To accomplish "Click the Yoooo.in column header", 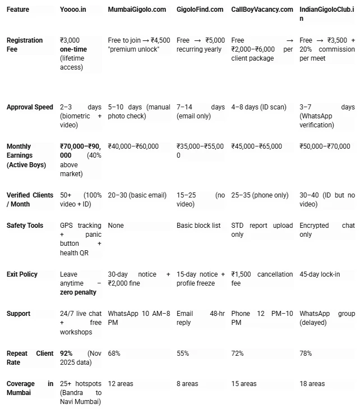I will (72, 10).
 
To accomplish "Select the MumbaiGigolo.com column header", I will (137, 10).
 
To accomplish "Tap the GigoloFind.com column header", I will (200, 10).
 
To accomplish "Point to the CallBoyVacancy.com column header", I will (262, 10).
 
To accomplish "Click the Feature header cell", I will (18, 10).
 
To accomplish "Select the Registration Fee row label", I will (25, 45).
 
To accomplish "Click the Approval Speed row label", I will (30, 107).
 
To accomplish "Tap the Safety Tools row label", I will (25, 226).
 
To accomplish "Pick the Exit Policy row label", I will (22, 274).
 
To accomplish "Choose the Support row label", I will (19, 314).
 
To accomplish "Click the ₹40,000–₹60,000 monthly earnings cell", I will (133, 146).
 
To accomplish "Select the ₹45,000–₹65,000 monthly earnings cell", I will (257, 146).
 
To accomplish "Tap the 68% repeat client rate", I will (114, 354).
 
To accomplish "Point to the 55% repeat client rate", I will (183, 354).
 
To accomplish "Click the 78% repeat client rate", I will (306, 354).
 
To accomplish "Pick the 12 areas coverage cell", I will (121, 384).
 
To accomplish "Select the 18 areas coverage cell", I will (312, 384).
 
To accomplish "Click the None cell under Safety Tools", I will (116, 226).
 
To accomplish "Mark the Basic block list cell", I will (199, 226).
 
